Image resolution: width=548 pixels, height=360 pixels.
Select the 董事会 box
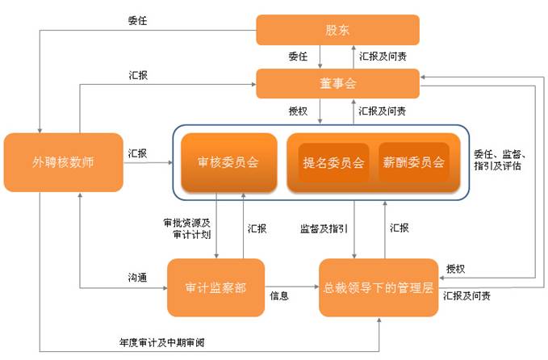[337, 82]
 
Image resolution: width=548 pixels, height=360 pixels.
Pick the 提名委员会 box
[333, 162]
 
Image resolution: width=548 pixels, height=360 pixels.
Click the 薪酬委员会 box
[413, 162]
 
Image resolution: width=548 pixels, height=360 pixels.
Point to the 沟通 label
[138, 277]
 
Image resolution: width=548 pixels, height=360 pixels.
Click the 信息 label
[278, 296]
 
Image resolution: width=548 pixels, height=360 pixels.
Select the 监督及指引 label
[323, 228]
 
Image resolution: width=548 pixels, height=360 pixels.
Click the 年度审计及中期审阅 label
[157, 342]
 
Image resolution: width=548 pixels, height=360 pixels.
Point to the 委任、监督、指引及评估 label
[500, 162]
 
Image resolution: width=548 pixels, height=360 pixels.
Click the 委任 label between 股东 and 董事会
[299, 57]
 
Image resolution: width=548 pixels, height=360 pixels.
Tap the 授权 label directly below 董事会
[299, 110]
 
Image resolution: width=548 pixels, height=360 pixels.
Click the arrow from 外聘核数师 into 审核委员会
[149, 162]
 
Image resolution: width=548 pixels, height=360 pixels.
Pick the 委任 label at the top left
[138, 22]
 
